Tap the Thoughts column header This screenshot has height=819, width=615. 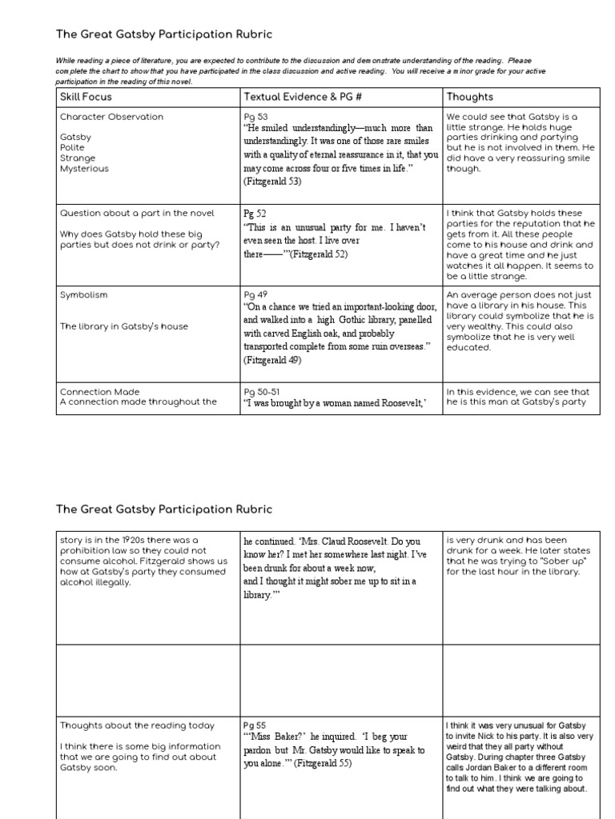click(470, 97)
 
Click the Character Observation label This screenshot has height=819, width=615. click(111, 117)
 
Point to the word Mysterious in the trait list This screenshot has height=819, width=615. click(84, 169)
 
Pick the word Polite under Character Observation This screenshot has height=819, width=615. click(72, 148)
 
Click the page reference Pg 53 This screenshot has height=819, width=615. click(256, 118)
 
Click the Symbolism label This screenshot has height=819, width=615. click(83, 295)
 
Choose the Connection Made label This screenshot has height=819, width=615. click(99, 392)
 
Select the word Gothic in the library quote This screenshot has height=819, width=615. click(365, 320)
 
